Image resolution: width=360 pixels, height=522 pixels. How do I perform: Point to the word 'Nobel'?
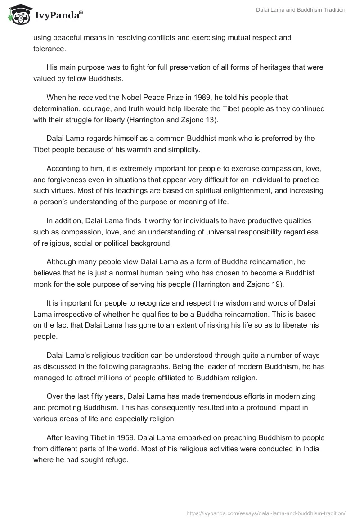click(x=132, y=97)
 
